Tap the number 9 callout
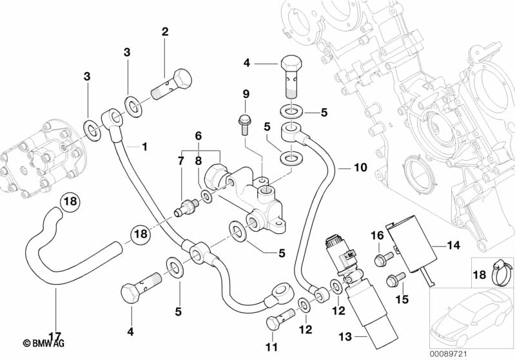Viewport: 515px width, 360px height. pos(246,95)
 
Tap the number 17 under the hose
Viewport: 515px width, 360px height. pos(55,336)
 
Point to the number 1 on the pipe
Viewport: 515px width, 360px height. pos(144,147)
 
